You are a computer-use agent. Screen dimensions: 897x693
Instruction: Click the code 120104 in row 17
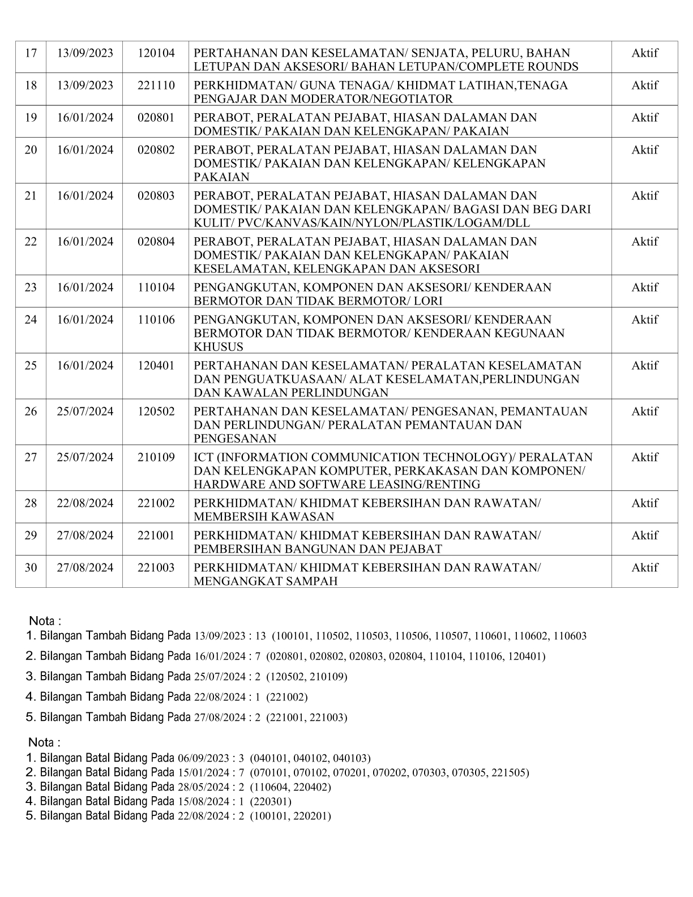pyautogui.click(x=156, y=53)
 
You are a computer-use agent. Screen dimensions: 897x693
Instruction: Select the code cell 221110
pyautogui.click(x=156, y=86)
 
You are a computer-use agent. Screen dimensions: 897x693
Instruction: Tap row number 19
pyautogui.click(x=31, y=118)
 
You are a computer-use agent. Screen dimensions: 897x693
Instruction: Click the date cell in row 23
pyautogui.click(x=85, y=288)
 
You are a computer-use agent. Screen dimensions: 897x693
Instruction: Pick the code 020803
pyautogui.click(x=156, y=196)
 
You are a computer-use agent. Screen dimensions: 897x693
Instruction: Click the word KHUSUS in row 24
pyautogui.click(x=219, y=347)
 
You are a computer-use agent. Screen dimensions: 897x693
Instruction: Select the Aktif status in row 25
pyautogui.click(x=644, y=366)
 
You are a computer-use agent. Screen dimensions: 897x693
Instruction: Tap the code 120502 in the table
pyautogui.click(x=156, y=412)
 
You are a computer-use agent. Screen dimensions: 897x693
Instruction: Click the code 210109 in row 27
pyautogui.click(x=156, y=458)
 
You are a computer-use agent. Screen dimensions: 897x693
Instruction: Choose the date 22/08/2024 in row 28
pyautogui.click(x=85, y=503)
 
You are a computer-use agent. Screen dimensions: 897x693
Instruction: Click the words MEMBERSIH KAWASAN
pyautogui.click(x=264, y=517)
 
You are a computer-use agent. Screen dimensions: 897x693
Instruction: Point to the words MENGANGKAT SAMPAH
pyautogui.click(x=266, y=582)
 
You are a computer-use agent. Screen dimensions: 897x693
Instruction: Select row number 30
pyautogui.click(x=31, y=568)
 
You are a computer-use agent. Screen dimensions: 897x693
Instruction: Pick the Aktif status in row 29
pyautogui.click(x=644, y=536)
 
